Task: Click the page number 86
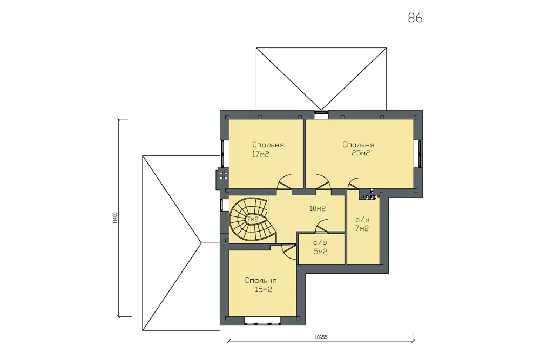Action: pos(415,18)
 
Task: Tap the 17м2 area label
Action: pos(260,154)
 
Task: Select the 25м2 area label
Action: pos(361,153)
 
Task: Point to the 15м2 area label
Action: pos(264,289)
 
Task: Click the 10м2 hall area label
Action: pos(318,208)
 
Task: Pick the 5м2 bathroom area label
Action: pos(320,252)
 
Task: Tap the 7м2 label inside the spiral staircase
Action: pos(252,219)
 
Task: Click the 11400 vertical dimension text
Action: pos(115,218)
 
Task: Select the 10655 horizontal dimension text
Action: pos(321,338)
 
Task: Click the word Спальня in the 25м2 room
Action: pos(358,145)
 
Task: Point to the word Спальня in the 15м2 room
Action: pos(261,281)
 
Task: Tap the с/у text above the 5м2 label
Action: pos(320,243)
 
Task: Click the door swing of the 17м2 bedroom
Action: pos(285,182)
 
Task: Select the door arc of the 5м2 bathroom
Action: pos(322,226)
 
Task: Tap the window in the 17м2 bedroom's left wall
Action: pos(222,153)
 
